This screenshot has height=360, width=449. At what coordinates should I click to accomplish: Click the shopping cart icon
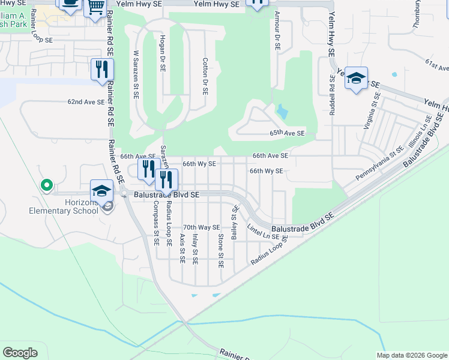coord(95,8)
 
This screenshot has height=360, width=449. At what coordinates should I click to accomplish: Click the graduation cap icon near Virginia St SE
coord(356,79)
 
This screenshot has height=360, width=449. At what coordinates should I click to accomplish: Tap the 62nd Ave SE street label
coord(86,102)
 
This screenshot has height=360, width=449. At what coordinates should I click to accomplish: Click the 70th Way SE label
coord(202,227)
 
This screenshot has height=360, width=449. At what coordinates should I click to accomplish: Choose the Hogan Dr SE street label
coord(162,52)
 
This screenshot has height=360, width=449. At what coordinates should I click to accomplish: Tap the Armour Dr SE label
coord(277,30)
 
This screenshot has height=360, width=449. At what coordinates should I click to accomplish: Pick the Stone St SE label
coord(221,250)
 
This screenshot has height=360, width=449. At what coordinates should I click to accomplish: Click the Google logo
coord(20,353)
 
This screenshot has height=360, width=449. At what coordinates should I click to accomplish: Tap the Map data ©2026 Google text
coord(411,355)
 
